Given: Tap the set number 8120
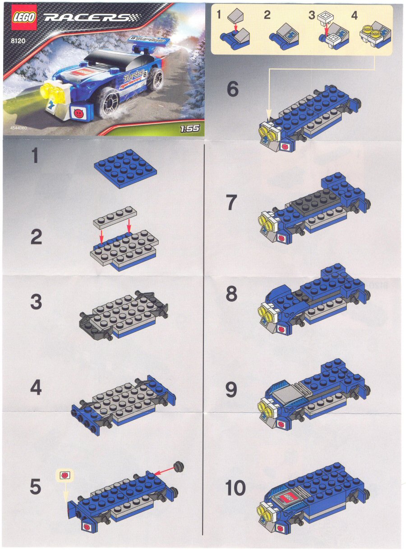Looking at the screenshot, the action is coord(18,41).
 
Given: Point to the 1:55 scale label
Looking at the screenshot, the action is coord(189,128).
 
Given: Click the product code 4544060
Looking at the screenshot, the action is coord(18,128).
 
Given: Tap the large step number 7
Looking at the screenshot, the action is coord(232,202).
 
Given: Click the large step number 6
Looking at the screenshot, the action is coord(232,89).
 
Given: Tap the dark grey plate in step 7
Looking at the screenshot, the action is coord(315,203).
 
